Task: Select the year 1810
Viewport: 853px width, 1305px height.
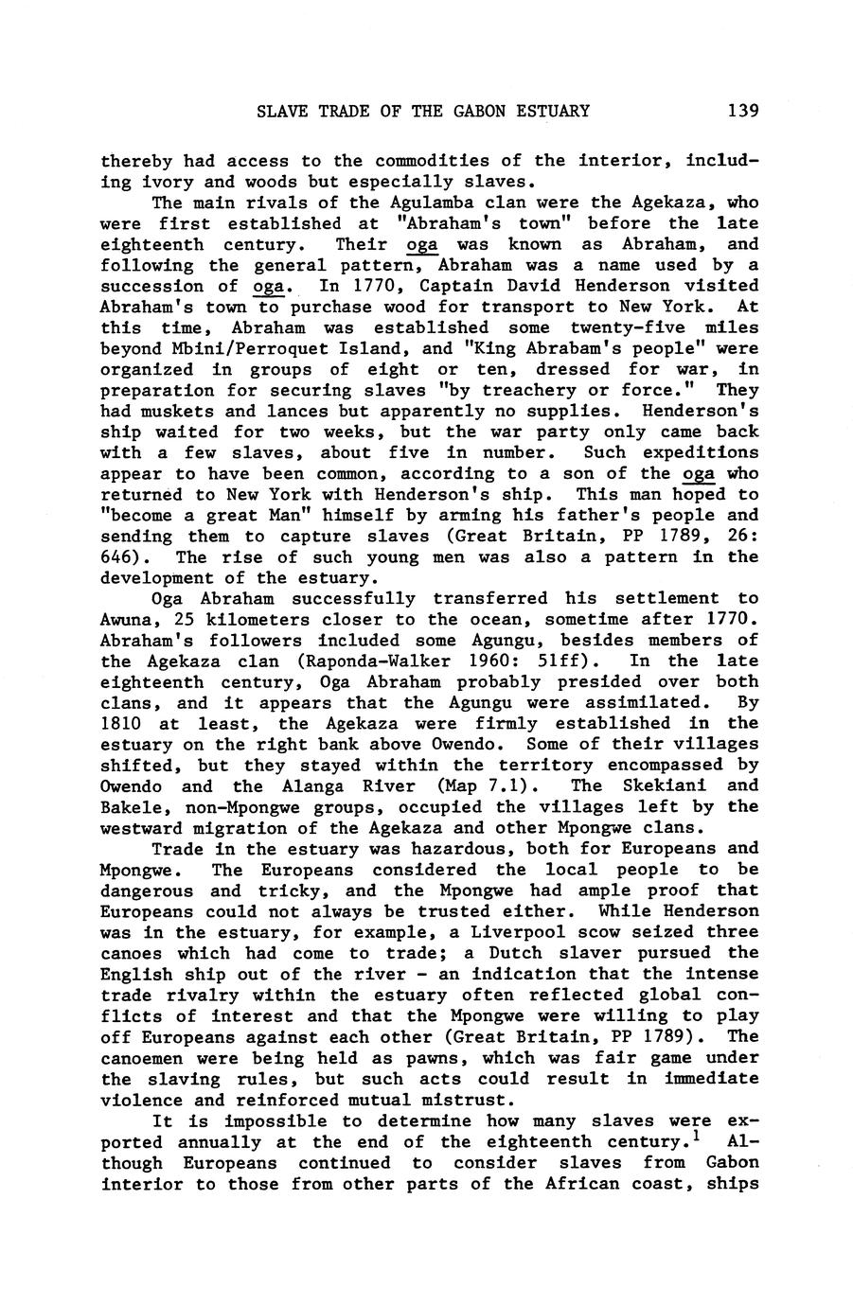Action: (120, 724)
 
